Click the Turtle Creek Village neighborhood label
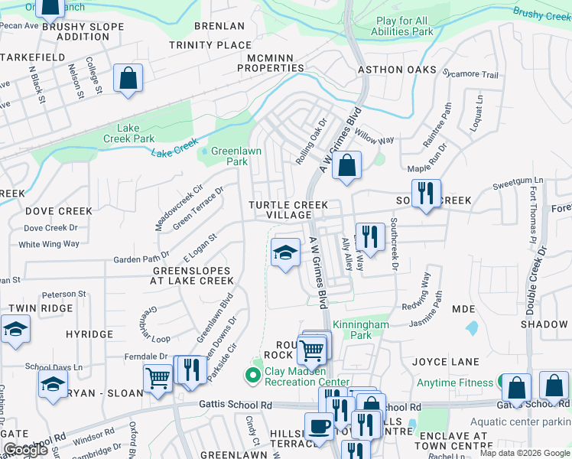(x=288, y=210)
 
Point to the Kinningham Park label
(x=361, y=330)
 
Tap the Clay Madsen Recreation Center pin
(x=251, y=375)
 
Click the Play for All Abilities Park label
(x=402, y=27)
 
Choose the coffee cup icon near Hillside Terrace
(x=318, y=425)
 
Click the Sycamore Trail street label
(x=470, y=74)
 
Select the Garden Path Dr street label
(x=141, y=259)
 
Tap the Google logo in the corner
(x=25, y=450)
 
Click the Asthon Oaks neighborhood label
(x=391, y=70)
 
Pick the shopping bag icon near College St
(x=128, y=78)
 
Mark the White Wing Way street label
(x=49, y=244)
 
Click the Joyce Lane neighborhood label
(x=446, y=362)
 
